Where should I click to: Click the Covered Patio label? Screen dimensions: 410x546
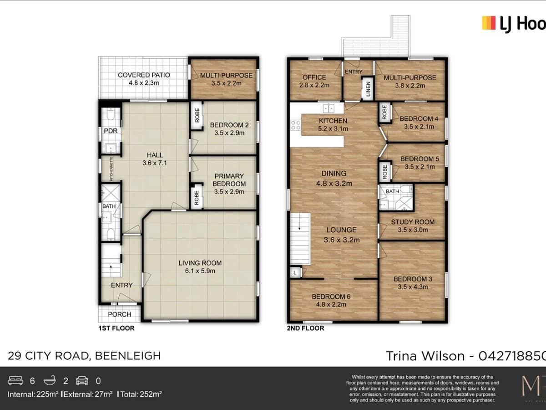pyautogui.click(x=143, y=75)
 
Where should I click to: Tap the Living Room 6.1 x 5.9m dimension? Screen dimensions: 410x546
pyautogui.click(x=200, y=271)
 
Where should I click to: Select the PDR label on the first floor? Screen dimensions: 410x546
pyautogui.click(x=111, y=131)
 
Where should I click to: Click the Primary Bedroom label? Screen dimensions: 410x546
pyautogui.click(x=229, y=179)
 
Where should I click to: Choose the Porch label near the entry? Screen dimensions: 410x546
pyautogui.click(x=120, y=314)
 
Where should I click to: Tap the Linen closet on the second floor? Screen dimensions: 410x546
pyautogui.click(x=368, y=89)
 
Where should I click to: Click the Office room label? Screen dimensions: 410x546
pyautogui.click(x=314, y=77)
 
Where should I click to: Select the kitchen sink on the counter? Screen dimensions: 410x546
pyautogui.click(x=329, y=108)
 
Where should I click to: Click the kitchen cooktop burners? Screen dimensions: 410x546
pyautogui.click(x=296, y=125)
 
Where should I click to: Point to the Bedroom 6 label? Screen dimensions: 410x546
pyautogui.click(x=331, y=297)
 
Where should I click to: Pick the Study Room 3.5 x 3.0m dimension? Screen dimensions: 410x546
pyautogui.click(x=413, y=230)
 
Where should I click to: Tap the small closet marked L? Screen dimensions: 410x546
pyautogui.click(x=295, y=272)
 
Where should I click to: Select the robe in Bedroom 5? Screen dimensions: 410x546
pyautogui.click(x=385, y=172)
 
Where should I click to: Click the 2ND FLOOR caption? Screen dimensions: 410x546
pyautogui.click(x=305, y=328)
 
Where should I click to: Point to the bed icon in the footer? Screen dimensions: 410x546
pyautogui.click(x=15, y=381)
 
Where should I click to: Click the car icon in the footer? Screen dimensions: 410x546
pyautogui.click(x=82, y=381)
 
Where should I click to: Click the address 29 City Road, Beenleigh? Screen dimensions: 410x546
pyautogui.click(x=84, y=356)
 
